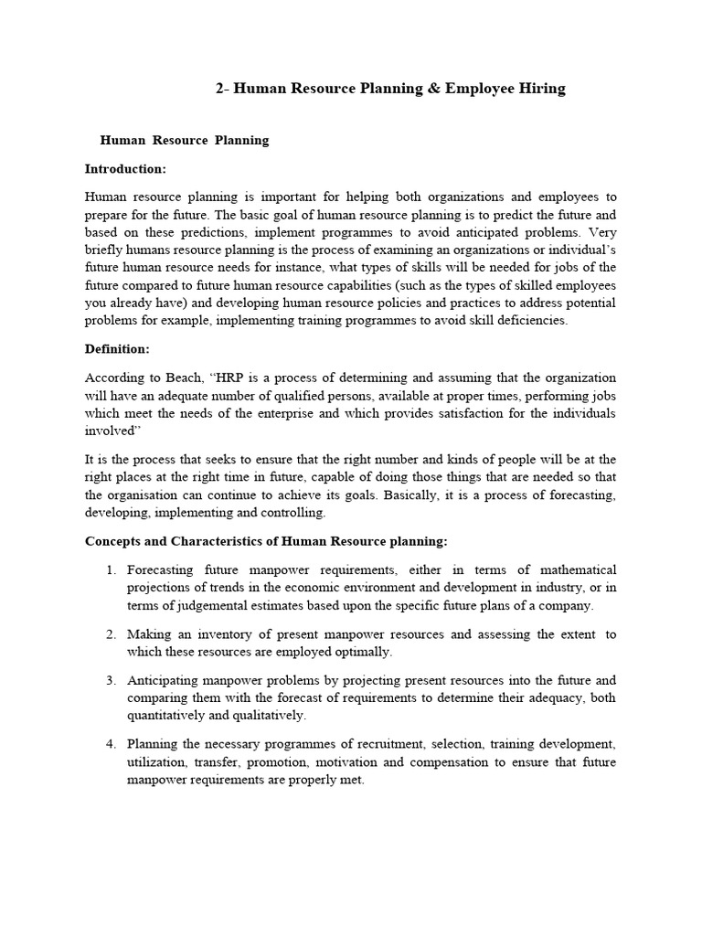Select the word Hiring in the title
click(539, 89)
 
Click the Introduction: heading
click(125, 169)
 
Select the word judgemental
click(208, 605)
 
